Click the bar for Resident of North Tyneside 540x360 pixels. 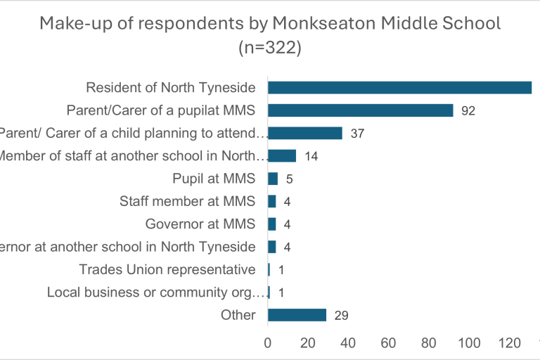tap(399, 88)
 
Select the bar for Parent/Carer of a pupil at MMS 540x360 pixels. tap(360, 110)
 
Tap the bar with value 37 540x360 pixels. tap(304, 133)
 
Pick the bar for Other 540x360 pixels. tap(297, 314)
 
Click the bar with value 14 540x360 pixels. tap(282, 156)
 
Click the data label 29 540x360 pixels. tap(342, 315)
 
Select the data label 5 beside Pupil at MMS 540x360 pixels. tap(289, 179)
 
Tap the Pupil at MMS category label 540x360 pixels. tap(214, 179)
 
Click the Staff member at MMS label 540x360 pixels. tap(187, 202)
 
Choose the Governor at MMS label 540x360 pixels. tap(200, 224)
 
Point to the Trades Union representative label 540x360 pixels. tap(167, 269)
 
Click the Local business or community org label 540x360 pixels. tap(155, 292)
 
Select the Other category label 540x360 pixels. tap(238, 314)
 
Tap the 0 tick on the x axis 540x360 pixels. tap(268, 342)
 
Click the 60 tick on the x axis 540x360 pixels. tap(388, 342)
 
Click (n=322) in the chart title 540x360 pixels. tap(270, 49)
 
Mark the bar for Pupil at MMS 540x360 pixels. tap(273, 179)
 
